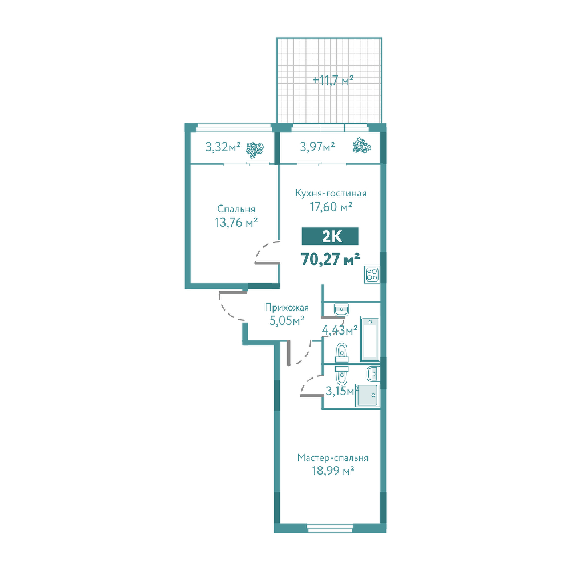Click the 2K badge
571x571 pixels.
330,236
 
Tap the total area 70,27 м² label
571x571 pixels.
331,259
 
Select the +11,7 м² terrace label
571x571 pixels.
333,79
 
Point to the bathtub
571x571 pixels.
371,339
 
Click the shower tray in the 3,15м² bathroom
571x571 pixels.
368,395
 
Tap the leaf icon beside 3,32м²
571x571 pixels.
255,148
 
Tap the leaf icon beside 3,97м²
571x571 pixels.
362,145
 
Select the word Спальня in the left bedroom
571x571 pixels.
236,209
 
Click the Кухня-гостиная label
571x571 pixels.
331,193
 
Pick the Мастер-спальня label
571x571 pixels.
333,457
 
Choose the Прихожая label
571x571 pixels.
287,307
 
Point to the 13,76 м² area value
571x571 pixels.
236,222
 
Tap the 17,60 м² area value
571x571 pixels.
331,207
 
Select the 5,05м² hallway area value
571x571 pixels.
287,320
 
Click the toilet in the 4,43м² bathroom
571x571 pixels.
341,352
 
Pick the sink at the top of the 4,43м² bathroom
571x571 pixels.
341,310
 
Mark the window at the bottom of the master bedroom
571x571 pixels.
330,528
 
